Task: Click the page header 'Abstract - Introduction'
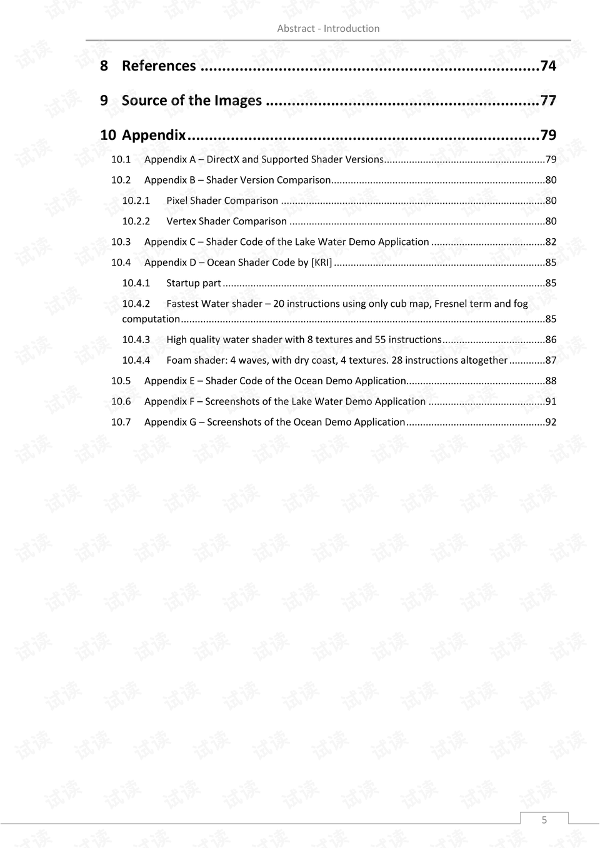328,29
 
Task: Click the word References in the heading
159,66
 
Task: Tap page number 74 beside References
548,66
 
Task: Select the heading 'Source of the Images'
191,101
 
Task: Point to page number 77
548,101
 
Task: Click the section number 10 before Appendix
107,136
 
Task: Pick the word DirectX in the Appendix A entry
222,159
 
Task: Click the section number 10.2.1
136,201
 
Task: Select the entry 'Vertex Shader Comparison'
226,221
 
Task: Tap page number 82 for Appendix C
551,242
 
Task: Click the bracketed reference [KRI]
321,262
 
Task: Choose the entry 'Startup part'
194,283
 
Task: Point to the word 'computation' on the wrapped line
151,319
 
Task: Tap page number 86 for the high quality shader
551,340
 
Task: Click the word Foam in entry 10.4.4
178,361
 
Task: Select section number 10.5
121,381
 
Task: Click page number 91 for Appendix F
551,402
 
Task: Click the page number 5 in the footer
544,820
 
